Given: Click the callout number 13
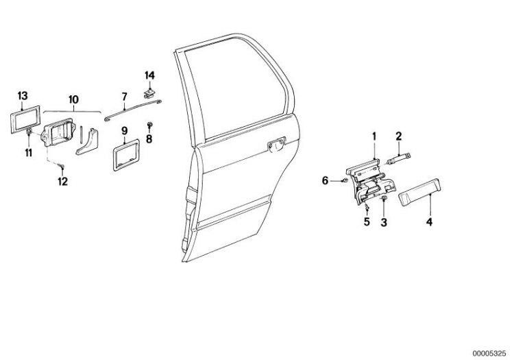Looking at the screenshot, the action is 23,96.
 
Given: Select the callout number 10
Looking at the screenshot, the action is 73,99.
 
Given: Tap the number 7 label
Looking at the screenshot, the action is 124,97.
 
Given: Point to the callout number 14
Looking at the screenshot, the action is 149,75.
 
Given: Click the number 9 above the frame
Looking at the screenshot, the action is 124,131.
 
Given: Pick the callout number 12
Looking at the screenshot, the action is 62,181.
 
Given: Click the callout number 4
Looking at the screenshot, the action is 429,222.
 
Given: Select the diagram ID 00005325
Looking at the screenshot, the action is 489,353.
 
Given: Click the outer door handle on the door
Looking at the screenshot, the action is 277,145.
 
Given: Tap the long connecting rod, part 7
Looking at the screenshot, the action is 133,110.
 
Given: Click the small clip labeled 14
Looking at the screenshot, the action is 149,94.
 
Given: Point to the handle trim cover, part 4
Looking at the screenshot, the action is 419,191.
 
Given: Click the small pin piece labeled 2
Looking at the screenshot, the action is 400,158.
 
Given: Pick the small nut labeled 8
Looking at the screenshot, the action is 150,125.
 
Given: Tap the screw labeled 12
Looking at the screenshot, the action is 62,167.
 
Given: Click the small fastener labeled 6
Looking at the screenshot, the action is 344,180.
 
